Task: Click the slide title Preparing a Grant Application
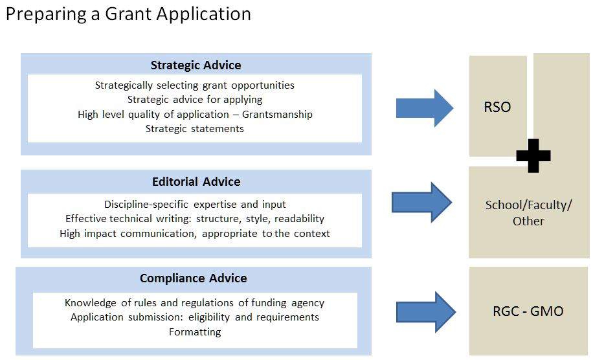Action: pyautogui.click(x=128, y=14)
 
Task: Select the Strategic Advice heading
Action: pyautogui.click(x=196, y=65)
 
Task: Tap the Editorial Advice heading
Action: pyautogui.click(x=196, y=181)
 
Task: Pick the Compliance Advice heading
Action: pyautogui.click(x=194, y=278)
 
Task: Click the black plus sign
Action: pyautogui.click(x=533, y=155)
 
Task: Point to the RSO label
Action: pyautogui.click(x=497, y=107)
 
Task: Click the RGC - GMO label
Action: pyautogui.click(x=528, y=311)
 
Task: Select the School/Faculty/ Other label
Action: pyautogui.click(x=528, y=213)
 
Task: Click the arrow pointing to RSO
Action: pyautogui.click(x=424, y=108)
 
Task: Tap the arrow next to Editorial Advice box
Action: pyautogui.click(x=421, y=202)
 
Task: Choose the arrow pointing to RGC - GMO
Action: pyautogui.click(x=426, y=312)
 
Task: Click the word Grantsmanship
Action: pyautogui.click(x=277, y=114)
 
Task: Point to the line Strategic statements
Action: pyautogui.click(x=195, y=129)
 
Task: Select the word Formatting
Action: pyautogui.click(x=195, y=332)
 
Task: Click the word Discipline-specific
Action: pyautogui.click(x=146, y=204)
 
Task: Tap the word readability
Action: pyautogui.click(x=299, y=219)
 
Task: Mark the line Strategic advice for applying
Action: pyautogui.click(x=195, y=100)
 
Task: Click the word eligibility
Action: pyautogui.click(x=208, y=317)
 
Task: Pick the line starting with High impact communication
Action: pyautogui.click(x=195, y=234)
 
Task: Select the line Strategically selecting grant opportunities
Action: pyautogui.click(x=195, y=85)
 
